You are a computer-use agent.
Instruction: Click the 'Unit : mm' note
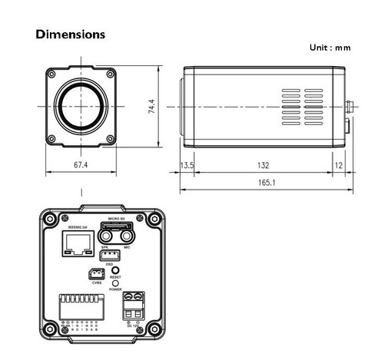click(329, 48)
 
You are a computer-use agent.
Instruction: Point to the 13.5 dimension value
click(187, 164)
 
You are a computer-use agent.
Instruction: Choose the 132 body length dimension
click(264, 164)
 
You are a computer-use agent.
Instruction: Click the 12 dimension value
click(339, 164)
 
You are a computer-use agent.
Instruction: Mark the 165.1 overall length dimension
click(264, 183)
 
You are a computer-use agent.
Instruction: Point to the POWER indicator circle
click(116, 283)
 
